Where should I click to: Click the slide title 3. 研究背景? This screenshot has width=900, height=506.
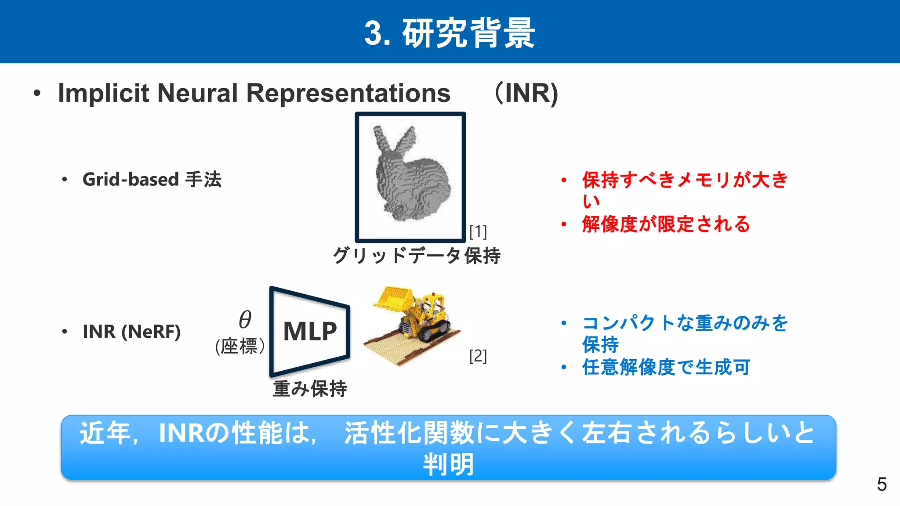[450, 33]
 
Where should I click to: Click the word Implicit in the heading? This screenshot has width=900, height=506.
[104, 93]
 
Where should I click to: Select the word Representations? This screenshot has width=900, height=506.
[348, 93]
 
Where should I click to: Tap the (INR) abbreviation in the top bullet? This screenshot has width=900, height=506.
[526, 93]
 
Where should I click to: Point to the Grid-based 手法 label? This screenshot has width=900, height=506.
[152, 179]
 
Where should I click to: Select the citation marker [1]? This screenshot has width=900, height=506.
[478, 231]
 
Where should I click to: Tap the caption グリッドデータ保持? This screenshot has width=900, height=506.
[417, 255]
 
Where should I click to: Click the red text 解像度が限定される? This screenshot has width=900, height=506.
[666, 224]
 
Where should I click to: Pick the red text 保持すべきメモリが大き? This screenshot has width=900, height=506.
[685, 180]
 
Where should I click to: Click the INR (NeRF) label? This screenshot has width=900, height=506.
[131, 331]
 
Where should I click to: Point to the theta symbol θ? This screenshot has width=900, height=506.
[245, 319]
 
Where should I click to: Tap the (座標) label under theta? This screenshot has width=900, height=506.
[240, 346]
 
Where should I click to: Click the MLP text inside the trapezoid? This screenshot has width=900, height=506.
[310, 331]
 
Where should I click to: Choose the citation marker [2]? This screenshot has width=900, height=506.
[478, 356]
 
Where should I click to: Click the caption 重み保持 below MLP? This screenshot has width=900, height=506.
[310, 389]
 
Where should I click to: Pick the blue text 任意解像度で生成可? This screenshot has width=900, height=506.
[666, 367]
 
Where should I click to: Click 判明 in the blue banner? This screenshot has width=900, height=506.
[448, 464]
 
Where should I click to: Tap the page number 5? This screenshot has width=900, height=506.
[882, 484]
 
